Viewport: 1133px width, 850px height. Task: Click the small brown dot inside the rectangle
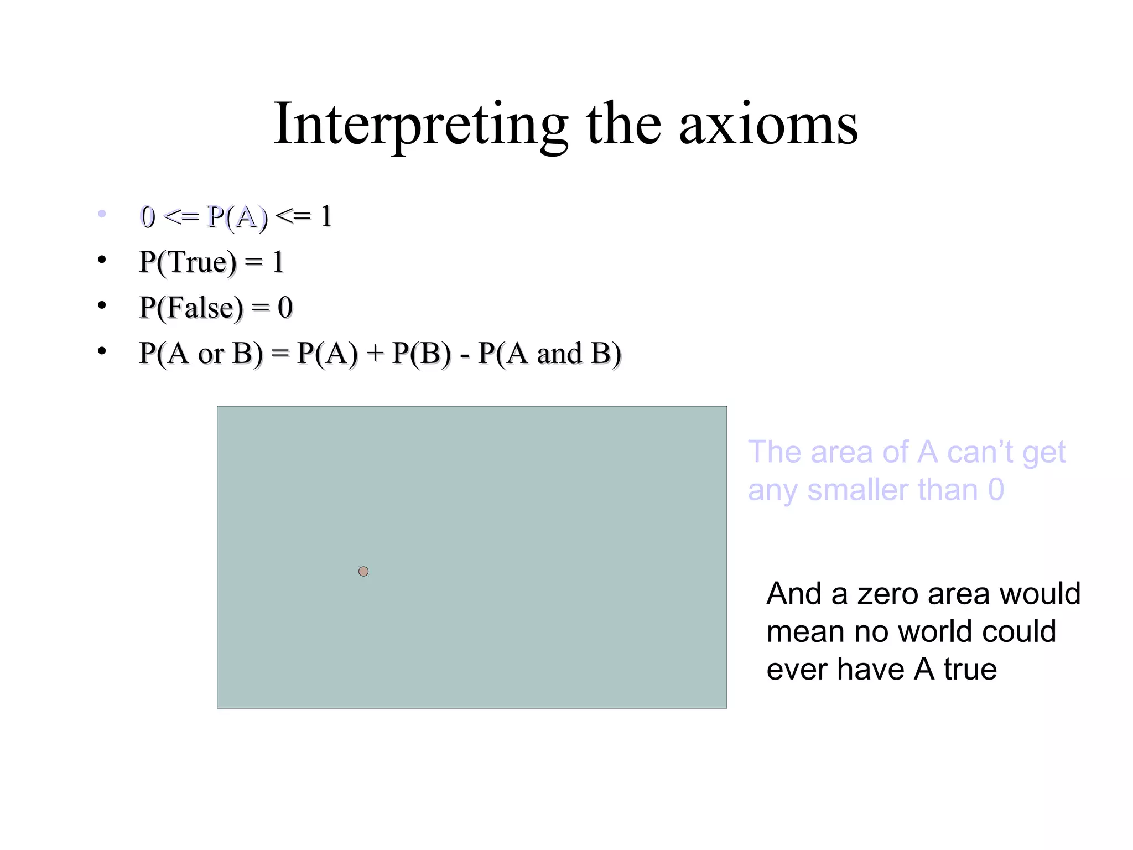(363, 571)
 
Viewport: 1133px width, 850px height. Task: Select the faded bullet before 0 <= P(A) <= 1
(101, 214)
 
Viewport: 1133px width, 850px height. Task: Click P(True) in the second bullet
(188, 262)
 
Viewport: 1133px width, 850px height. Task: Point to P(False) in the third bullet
(191, 308)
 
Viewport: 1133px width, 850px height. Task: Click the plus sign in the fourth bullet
(375, 354)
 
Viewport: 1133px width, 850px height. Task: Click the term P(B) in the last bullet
(422, 354)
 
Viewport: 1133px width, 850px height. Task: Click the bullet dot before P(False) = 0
(101, 305)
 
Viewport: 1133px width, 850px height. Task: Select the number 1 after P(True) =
(278, 262)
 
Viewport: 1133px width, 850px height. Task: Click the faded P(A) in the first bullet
(237, 216)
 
